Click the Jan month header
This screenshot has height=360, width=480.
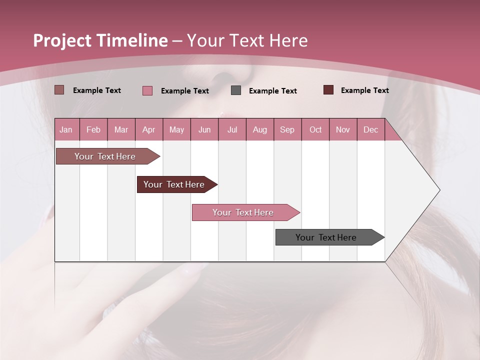pos(66,130)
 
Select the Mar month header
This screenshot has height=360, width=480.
pos(121,130)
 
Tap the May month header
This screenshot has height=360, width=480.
pos(176,130)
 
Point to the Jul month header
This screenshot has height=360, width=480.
pos(232,130)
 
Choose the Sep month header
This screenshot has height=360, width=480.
pos(287,130)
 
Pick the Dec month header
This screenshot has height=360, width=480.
pos(370,130)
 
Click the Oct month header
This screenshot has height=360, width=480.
pos(315,130)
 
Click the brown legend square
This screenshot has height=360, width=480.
pos(59,90)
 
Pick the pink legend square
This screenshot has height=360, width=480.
pos(147,90)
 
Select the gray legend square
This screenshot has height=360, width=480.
pos(236,90)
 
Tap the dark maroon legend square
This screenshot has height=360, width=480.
pos(328,90)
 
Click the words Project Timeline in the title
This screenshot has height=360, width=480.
pos(100,40)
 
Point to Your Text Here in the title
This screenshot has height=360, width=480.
pos(247,40)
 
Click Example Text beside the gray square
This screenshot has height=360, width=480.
pos(272,91)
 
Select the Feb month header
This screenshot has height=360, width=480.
pos(93,130)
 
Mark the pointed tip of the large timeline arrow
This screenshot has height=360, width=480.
pos(439,190)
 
